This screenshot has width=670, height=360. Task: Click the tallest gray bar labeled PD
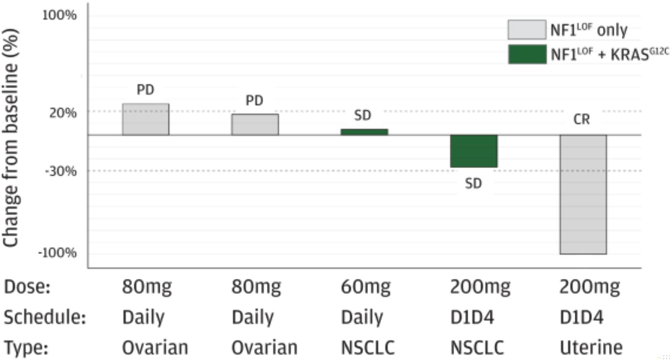click(145, 119)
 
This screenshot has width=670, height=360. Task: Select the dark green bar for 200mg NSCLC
click(473, 151)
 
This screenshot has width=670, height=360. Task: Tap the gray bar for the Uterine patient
click(583, 194)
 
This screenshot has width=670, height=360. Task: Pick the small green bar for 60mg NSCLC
click(364, 132)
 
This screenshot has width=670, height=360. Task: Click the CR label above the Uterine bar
click(582, 120)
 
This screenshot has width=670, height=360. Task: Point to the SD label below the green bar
click(473, 184)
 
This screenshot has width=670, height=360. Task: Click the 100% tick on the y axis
click(59, 15)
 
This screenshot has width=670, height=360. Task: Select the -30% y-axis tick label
click(61, 171)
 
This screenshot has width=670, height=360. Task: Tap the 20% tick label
click(63, 113)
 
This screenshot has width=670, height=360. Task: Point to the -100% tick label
click(57, 253)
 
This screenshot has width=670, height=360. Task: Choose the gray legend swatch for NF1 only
click(527, 30)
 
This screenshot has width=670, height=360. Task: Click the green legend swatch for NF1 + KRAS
click(527, 54)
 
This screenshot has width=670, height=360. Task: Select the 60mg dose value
click(366, 287)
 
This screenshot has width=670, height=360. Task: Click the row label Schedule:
click(45, 317)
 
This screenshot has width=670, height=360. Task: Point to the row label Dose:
click(27, 287)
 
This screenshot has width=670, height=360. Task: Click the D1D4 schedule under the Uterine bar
click(582, 317)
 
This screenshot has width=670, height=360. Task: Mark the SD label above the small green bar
click(362, 116)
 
